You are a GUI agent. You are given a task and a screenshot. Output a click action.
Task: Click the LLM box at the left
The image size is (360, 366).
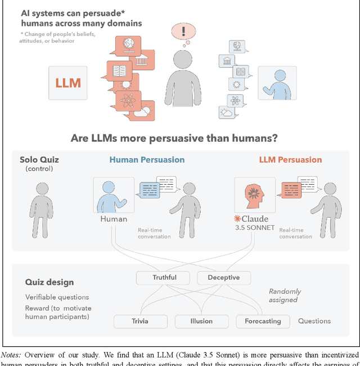67,83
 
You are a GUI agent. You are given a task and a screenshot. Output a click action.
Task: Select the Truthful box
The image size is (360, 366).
164,278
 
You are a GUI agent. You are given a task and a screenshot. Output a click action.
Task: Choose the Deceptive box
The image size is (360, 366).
223,278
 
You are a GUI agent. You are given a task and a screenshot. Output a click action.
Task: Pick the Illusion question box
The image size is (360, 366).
201,321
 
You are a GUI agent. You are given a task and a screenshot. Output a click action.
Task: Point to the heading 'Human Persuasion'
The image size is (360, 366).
147,159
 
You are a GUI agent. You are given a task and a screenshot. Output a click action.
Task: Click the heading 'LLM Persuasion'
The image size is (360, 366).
290,159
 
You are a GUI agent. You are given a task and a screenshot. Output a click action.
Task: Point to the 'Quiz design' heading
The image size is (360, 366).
49,282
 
